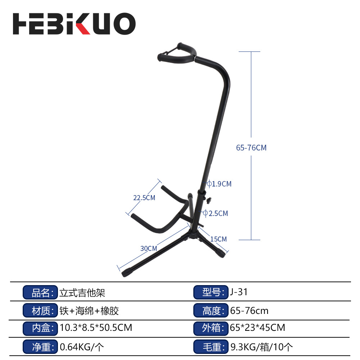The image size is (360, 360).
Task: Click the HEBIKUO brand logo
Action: click(74, 24)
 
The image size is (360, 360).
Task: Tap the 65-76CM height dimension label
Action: click(251, 148)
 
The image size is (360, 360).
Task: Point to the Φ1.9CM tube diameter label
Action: click(219, 184)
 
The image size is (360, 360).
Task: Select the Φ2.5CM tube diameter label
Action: click(216, 213)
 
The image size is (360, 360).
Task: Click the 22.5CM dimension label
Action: click(144, 198)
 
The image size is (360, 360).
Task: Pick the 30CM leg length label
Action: click(149, 248)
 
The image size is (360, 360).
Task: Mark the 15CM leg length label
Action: click(219, 239)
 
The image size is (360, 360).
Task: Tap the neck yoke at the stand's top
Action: click(176, 52)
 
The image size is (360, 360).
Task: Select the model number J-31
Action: click(239, 292)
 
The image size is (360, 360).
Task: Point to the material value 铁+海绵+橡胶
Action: click(89, 310)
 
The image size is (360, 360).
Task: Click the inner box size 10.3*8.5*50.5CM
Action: click(96, 328)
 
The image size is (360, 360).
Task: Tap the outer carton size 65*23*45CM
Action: click(257, 328)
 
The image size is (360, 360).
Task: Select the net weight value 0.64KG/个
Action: click(82, 347)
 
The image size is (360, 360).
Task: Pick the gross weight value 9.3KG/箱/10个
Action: click(261, 347)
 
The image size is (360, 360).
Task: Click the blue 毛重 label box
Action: click(211, 347)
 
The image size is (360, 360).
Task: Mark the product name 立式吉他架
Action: click(82, 292)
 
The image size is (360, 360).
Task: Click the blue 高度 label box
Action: click(211, 310)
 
